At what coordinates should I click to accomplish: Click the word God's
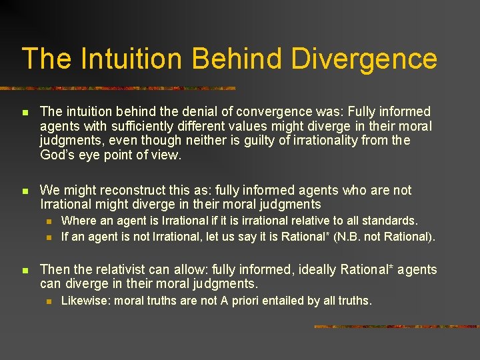click(x=57, y=155)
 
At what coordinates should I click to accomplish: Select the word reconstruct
click(x=140, y=191)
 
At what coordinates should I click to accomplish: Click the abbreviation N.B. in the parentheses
click(x=357, y=236)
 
